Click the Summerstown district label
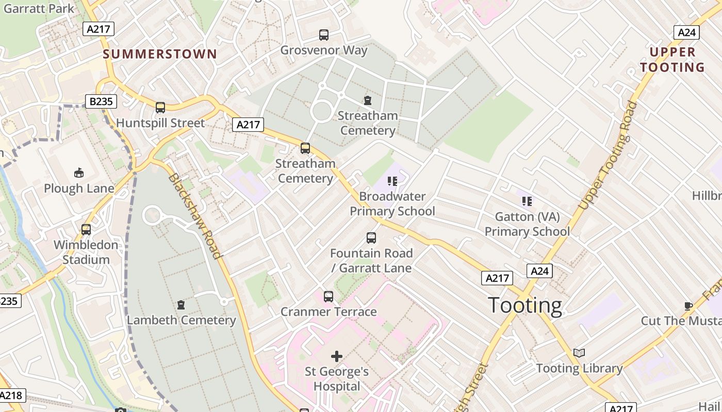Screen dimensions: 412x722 (160, 54)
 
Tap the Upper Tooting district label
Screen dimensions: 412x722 (672, 60)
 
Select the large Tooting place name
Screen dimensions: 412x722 (525, 305)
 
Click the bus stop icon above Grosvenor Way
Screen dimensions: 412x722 (323, 35)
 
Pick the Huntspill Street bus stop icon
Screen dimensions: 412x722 (160, 108)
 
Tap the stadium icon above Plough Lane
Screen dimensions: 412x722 (79, 173)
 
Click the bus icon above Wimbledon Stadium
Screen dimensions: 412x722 (86, 230)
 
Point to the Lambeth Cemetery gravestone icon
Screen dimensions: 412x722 (181, 305)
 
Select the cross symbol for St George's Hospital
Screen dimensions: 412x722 (337, 356)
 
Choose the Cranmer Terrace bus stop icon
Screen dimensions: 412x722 (329, 297)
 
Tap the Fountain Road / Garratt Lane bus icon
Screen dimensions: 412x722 (371, 238)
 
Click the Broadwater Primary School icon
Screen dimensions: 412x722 (392, 181)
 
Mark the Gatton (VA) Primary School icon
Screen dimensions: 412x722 (527, 201)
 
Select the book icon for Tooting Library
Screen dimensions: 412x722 (579, 353)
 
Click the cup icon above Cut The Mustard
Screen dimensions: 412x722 (688, 306)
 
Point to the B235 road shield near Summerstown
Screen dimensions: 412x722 (101, 101)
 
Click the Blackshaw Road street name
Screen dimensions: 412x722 (195, 216)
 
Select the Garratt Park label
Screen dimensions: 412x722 (39, 8)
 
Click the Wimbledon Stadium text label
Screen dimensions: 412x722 (86, 252)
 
